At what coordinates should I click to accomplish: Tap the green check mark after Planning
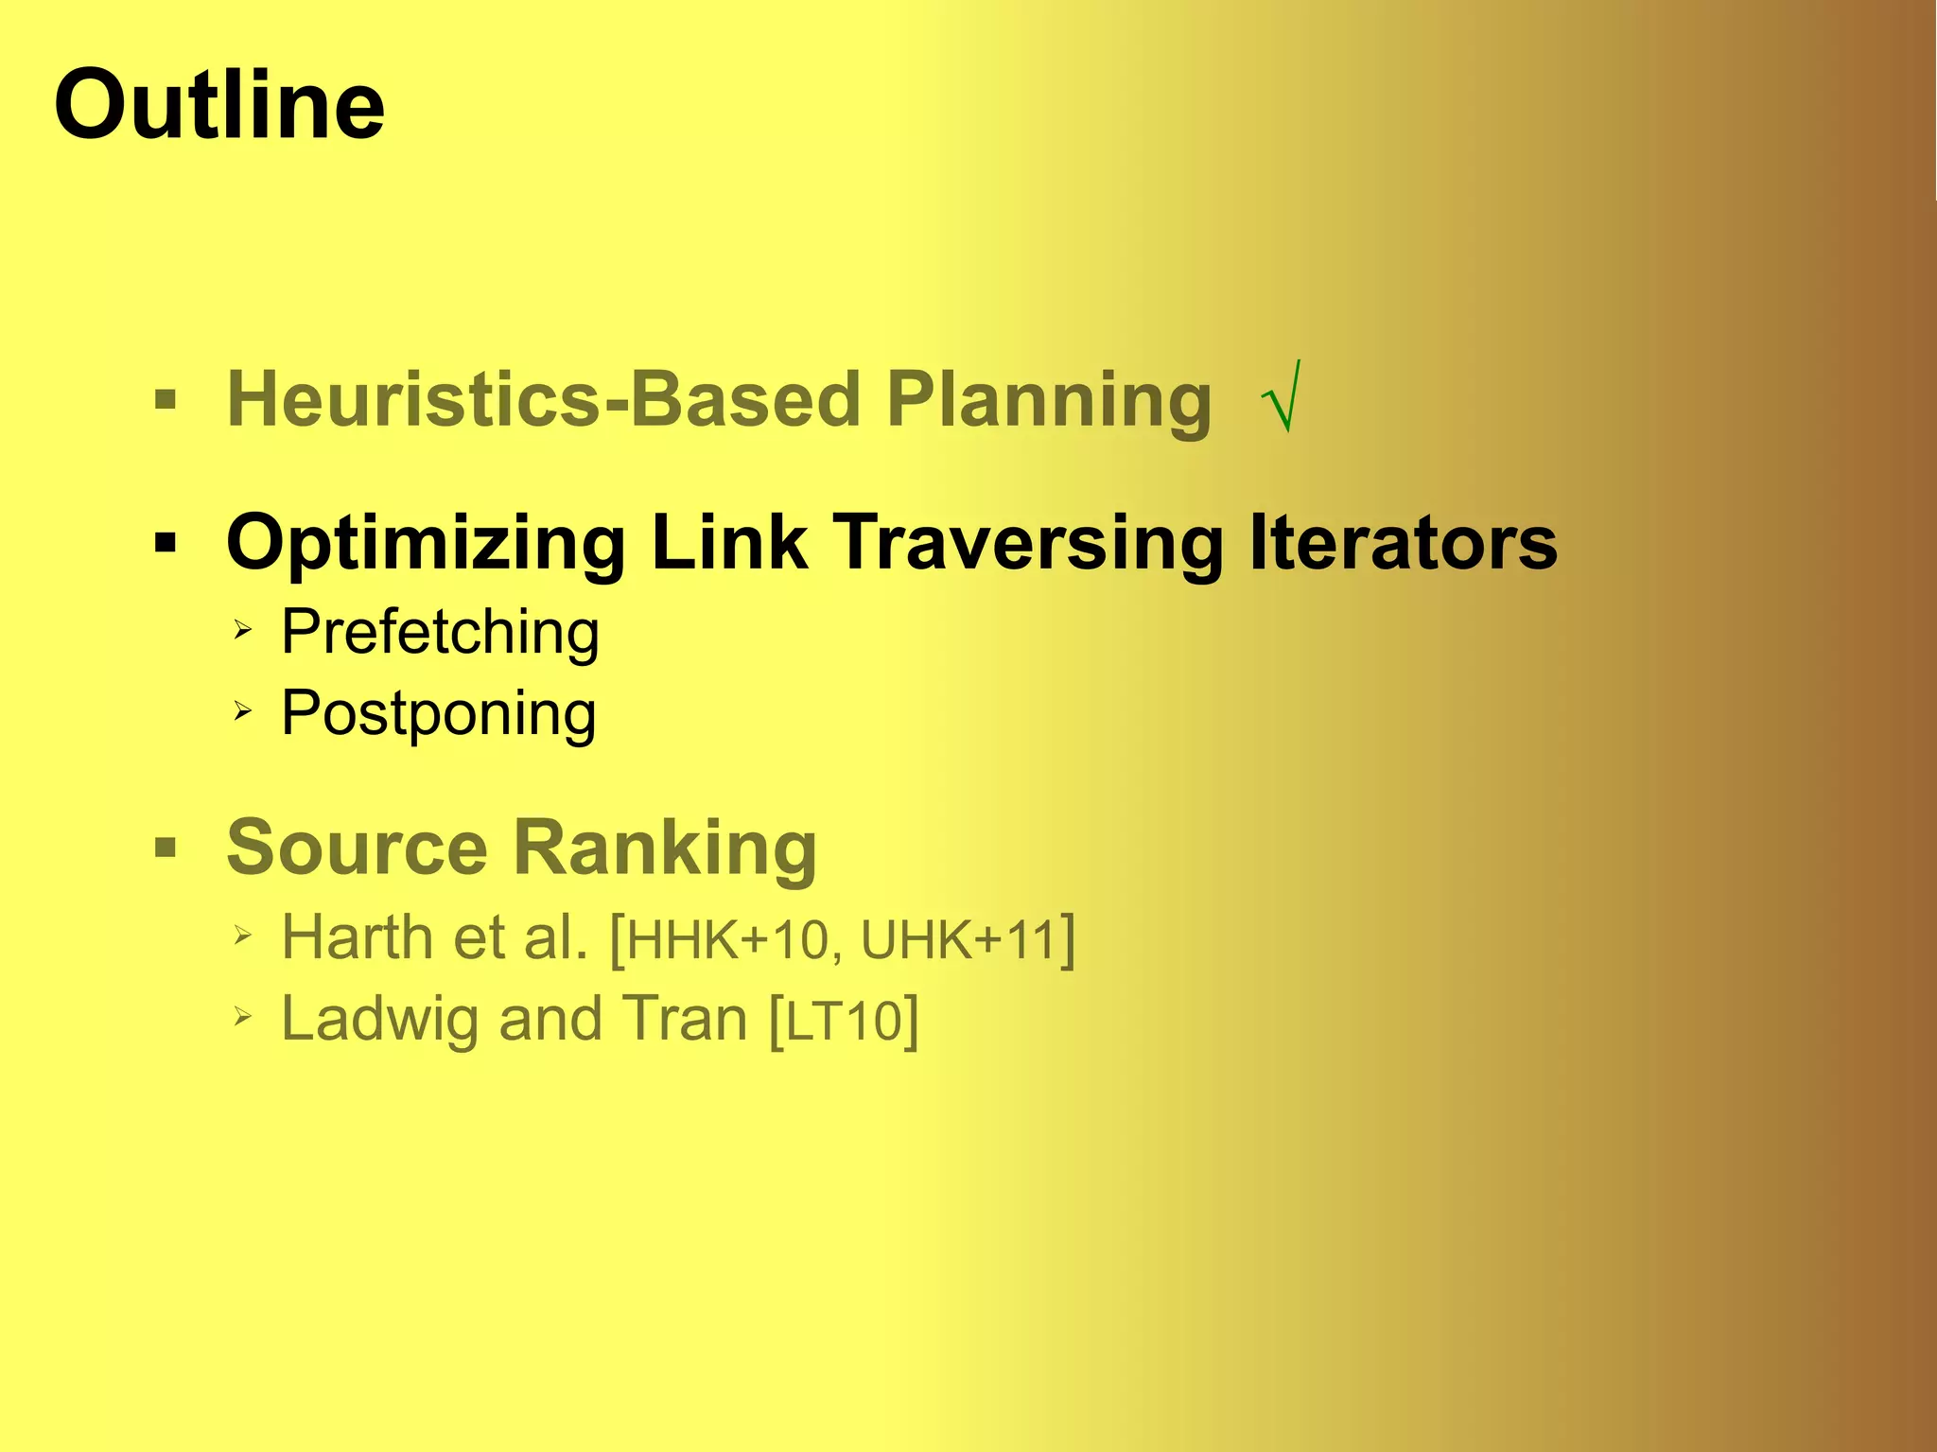pyautogui.click(x=1283, y=396)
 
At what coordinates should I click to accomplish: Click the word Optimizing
pyautogui.click(x=427, y=544)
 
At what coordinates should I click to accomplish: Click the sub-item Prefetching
pyautogui.click(x=440, y=632)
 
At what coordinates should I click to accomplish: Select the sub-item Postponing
pyautogui.click(x=438, y=714)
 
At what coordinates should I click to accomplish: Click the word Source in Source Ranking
pyautogui.click(x=358, y=847)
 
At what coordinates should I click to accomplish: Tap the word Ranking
pyautogui.click(x=665, y=848)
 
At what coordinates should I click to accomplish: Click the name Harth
pyautogui.click(x=357, y=936)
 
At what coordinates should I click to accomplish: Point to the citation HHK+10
pyautogui.click(x=727, y=940)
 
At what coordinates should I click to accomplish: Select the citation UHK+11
pyautogui.click(x=958, y=940)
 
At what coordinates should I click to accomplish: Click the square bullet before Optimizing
pyautogui.click(x=166, y=543)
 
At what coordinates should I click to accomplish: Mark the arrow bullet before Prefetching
pyautogui.click(x=243, y=629)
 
